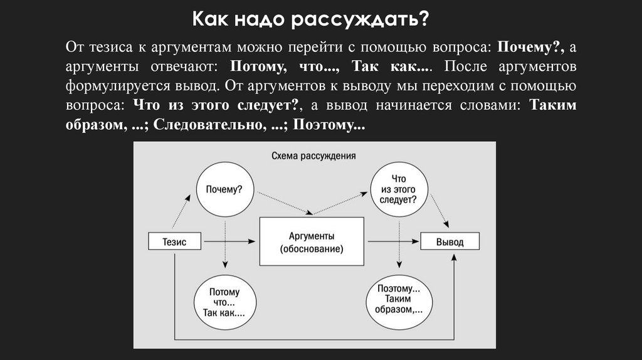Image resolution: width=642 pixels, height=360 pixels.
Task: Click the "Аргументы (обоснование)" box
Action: tap(312, 241)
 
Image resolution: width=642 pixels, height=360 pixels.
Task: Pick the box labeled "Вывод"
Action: tap(450, 241)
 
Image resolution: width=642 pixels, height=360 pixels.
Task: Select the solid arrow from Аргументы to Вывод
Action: tap(392, 241)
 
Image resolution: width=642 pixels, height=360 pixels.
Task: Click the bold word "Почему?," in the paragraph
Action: tap(531, 48)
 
